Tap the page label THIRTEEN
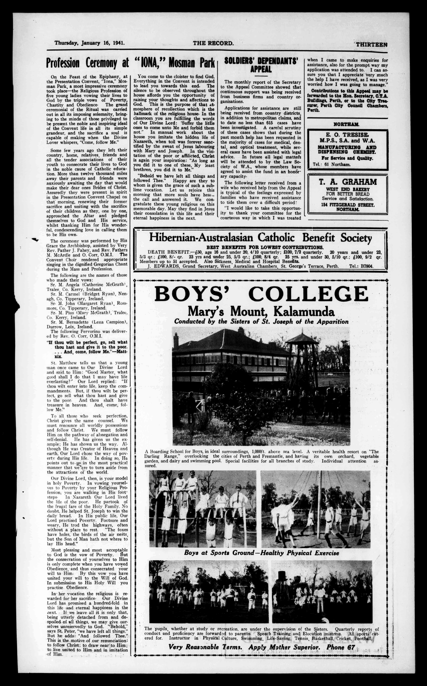click(x=371, y=44)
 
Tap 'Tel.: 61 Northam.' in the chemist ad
click(x=332, y=164)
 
